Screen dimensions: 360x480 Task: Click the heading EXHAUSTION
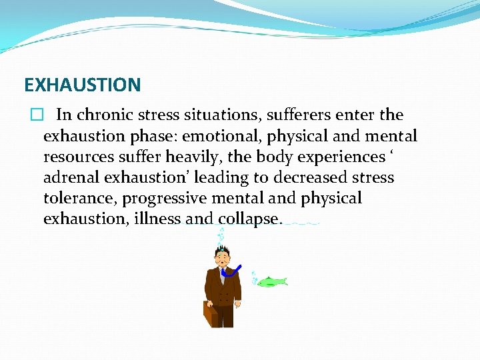pyautogui.click(x=82, y=85)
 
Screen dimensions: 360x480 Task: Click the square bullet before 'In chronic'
pyautogui.click(x=36, y=115)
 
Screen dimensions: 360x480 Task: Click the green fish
pyautogui.click(x=272, y=281)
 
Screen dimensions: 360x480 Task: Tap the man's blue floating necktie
pyautogui.click(x=231, y=271)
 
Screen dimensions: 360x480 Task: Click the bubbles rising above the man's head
pyautogui.click(x=221, y=235)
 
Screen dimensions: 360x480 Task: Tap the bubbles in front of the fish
pyautogui.click(x=254, y=277)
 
